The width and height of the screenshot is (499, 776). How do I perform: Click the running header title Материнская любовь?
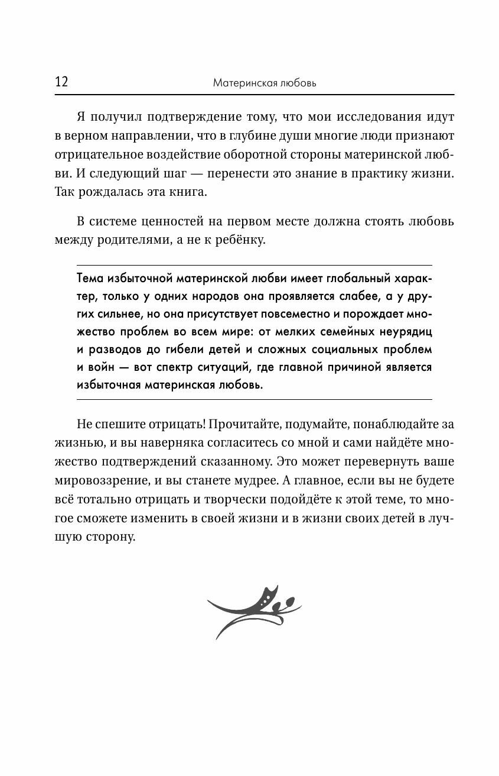point(265,83)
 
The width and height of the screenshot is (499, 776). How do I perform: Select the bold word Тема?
point(90,279)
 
